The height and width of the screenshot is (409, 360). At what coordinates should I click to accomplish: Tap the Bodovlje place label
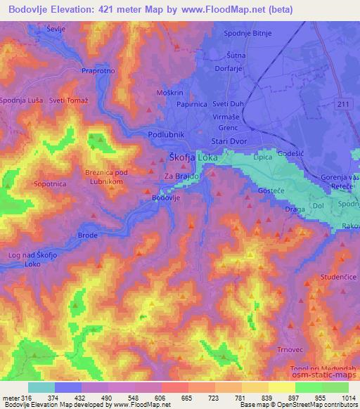pyautogui.click(x=167, y=199)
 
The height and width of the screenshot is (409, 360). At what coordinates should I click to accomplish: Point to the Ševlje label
pyautogui.click(x=56, y=27)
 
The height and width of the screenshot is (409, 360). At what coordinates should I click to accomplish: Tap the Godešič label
pyautogui.click(x=275, y=152)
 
